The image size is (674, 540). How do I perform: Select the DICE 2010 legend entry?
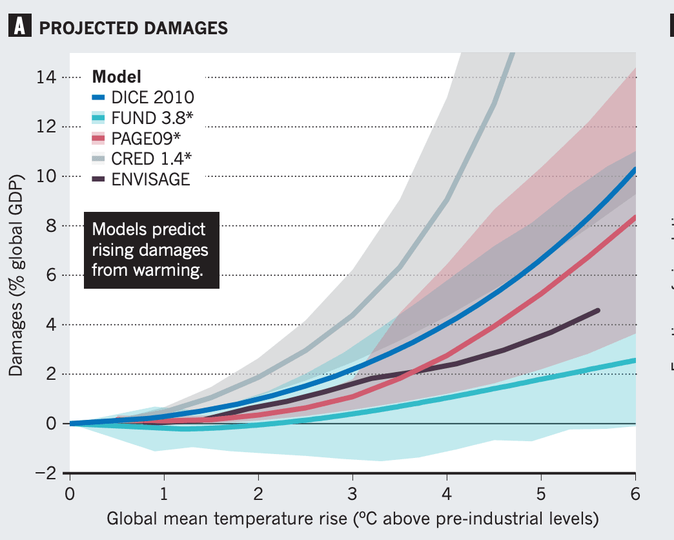(x=143, y=97)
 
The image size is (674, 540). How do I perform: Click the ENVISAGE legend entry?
(x=142, y=180)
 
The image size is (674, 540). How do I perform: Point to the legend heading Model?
(x=117, y=76)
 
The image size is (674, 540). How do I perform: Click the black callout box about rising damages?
(x=152, y=249)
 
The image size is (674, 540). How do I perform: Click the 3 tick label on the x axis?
(x=352, y=495)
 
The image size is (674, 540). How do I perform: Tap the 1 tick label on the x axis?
(x=163, y=495)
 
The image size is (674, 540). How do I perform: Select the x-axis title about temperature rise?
(x=352, y=519)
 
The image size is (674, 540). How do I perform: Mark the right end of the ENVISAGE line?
(x=597, y=311)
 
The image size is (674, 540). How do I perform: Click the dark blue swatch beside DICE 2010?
(x=99, y=98)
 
